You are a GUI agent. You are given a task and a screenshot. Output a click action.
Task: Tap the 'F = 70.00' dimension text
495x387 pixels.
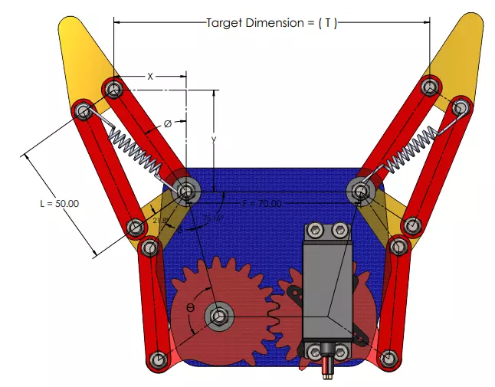(x=261, y=204)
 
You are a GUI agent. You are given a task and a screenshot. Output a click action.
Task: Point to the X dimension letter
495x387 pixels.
(x=150, y=76)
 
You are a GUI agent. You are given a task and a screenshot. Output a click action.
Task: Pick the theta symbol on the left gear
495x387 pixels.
(x=190, y=307)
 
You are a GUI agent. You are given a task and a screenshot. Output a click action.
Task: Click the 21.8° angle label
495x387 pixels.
(x=160, y=221)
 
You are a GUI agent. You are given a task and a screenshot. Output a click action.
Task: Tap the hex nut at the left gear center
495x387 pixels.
(x=221, y=315)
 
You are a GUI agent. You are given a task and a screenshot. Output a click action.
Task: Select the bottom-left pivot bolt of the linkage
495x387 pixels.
(x=159, y=359)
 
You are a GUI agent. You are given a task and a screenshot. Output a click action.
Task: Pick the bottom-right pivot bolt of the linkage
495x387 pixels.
(x=389, y=358)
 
